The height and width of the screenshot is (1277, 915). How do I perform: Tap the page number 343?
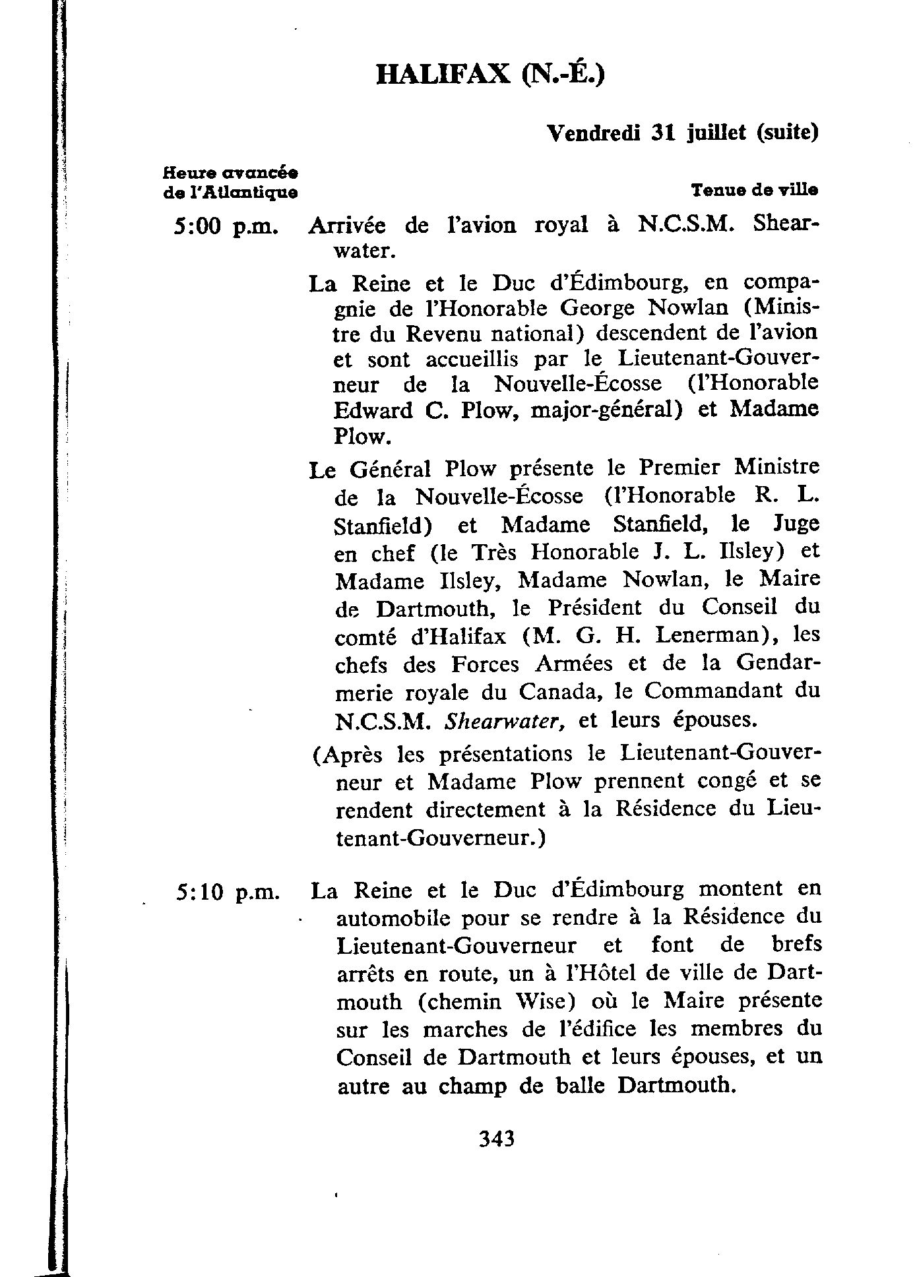[497, 1157]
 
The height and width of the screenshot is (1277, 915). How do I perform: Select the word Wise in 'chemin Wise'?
[548, 1001]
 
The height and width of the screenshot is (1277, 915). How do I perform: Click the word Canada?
[559, 692]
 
